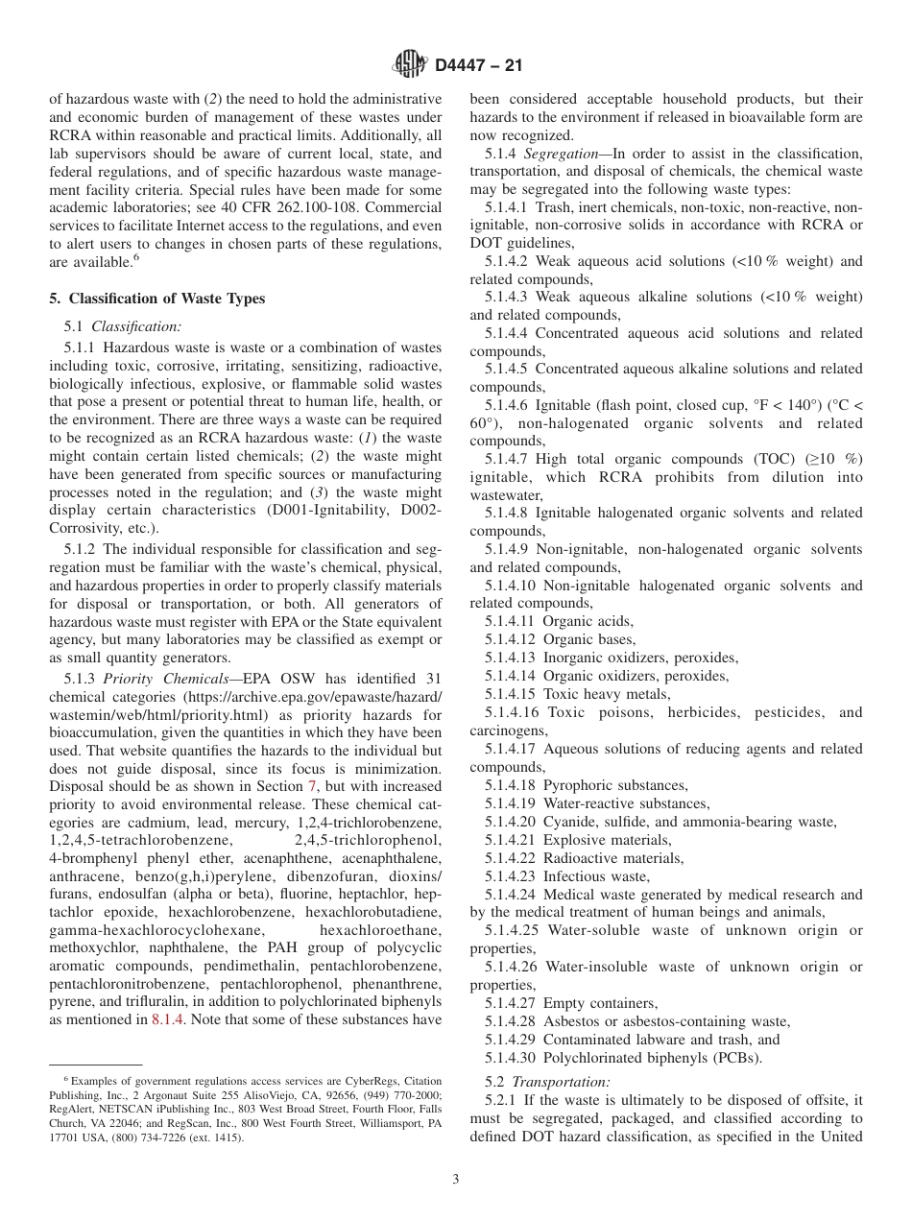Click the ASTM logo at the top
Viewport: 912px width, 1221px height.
[x=410, y=64]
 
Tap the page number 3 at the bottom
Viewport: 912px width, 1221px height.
[x=456, y=1180]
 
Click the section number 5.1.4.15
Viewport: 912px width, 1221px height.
[x=511, y=694]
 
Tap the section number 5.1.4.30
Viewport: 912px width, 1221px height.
[x=511, y=1058]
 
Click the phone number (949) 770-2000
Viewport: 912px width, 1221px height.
[x=396, y=1094]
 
